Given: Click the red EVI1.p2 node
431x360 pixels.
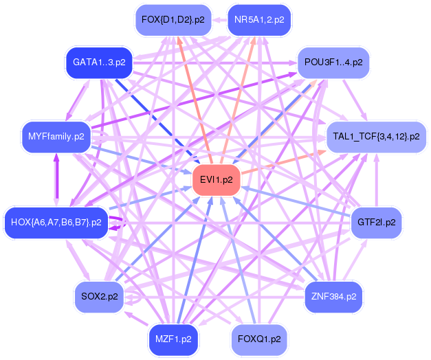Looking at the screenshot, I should [216, 180].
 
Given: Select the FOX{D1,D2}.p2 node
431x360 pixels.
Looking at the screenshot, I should [173, 20].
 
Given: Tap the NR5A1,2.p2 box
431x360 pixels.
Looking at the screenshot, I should [258, 20].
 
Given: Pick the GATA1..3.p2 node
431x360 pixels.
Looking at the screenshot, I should [98, 63].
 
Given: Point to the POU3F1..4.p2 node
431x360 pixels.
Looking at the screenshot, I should [333, 63].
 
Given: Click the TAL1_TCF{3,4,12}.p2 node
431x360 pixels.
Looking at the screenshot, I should [375, 136].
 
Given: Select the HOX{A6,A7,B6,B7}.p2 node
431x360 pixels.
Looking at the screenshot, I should [56, 223].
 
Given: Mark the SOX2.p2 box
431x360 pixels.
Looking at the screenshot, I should [98, 297].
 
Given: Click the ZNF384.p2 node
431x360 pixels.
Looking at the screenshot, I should [333, 297].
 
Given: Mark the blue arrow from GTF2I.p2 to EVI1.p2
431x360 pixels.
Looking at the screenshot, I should [296, 201].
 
